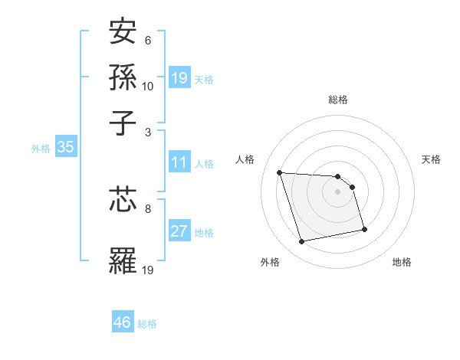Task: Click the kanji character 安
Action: pos(123,33)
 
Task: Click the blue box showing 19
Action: pos(179,78)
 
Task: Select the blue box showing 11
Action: pos(179,163)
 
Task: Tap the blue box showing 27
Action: pos(179,232)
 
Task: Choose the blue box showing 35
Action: pos(65,148)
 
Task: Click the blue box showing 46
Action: pos(123,322)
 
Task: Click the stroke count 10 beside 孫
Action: pos(148,86)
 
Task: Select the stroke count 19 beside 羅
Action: pos(148,269)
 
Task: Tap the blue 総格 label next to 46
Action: pos(147,324)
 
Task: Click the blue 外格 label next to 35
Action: pos(41,149)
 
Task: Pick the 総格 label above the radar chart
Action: pos(337,100)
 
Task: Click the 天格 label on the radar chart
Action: pos(431,159)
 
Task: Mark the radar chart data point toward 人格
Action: pos(280,172)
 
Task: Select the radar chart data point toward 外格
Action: pos(302,242)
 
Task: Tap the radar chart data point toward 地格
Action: pos(364,229)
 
